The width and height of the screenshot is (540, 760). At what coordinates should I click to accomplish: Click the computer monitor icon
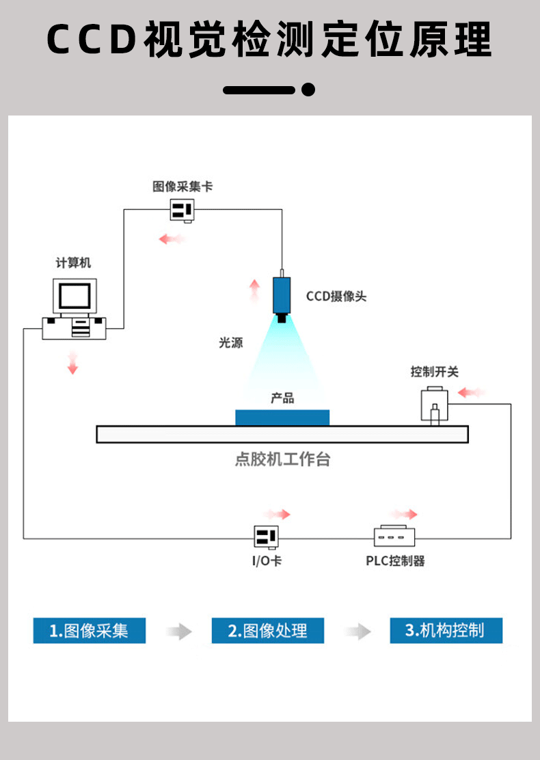tap(75, 296)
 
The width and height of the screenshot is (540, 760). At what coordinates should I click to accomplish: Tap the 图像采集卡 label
tap(183, 187)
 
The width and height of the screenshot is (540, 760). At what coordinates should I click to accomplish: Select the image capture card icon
tap(183, 211)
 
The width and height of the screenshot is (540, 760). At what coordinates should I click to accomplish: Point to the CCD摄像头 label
tap(336, 296)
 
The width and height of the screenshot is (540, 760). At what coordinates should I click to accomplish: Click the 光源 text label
tap(231, 342)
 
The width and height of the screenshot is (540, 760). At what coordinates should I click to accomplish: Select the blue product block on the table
tap(282, 418)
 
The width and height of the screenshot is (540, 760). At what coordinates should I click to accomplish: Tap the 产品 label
tap(282, 398)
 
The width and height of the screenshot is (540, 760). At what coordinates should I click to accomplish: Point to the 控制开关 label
tap(434, 372)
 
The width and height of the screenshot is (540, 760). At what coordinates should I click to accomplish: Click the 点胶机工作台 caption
tap(282, 459)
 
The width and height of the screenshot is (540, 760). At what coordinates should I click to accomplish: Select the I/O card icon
tap(267, 537)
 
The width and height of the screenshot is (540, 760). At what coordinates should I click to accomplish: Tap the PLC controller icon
tap(394, 536)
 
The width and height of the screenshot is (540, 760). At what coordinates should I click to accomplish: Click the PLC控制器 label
tap(396, 561)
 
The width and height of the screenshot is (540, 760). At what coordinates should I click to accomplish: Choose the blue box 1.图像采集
tap(89, 631)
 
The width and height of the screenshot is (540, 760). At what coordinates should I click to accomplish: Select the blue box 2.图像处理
tap(267, 631)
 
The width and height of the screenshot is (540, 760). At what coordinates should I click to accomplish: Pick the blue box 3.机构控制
tap(446, 631)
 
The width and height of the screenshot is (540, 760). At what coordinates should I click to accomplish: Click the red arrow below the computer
tap(72, 363)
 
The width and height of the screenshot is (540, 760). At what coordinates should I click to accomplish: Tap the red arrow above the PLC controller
tap(403, 514)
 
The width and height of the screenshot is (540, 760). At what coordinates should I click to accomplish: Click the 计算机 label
tap(73, 262)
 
